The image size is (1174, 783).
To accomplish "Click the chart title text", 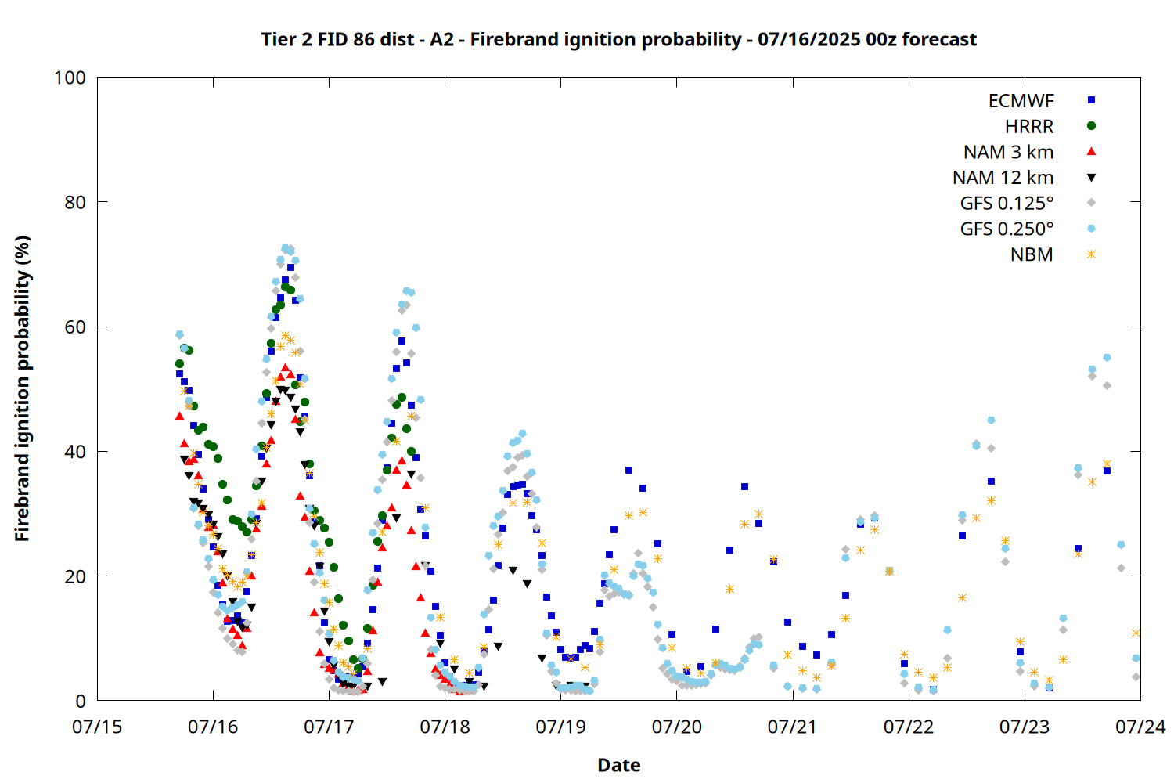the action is coord(618,39).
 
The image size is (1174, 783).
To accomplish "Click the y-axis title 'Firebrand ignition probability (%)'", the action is coord(22,388).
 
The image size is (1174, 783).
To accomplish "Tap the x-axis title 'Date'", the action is coord(619,765).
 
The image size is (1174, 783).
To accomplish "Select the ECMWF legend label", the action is coord(1021,101).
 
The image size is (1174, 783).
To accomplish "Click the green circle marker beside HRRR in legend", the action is coord(1091,126).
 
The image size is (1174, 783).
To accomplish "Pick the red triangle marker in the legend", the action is coord(1091,152).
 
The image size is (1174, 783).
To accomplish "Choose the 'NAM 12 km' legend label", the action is coord(1003,178).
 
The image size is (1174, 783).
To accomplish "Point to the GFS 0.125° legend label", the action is coord(1007,203).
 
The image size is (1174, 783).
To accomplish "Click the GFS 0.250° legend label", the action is coord(1007,229).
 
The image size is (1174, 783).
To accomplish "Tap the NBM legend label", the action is coord(1032,254).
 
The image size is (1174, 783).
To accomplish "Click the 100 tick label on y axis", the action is coord(70,78).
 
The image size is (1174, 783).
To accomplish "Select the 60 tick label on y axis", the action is coord(75,327).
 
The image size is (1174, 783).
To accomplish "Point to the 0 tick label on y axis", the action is coord(80,701).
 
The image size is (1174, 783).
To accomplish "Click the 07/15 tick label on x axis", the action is coord(97,727).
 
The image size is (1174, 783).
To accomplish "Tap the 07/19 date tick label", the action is coord(561,727).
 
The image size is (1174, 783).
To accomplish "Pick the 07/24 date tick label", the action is coord(1140,727).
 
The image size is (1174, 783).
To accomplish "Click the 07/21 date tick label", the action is coord(793,727).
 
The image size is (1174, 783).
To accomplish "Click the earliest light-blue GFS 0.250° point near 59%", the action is coord(179,334).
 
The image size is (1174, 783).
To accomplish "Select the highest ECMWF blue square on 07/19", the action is coord(628,471).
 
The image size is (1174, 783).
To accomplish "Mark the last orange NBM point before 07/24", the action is coord(1136,633).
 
